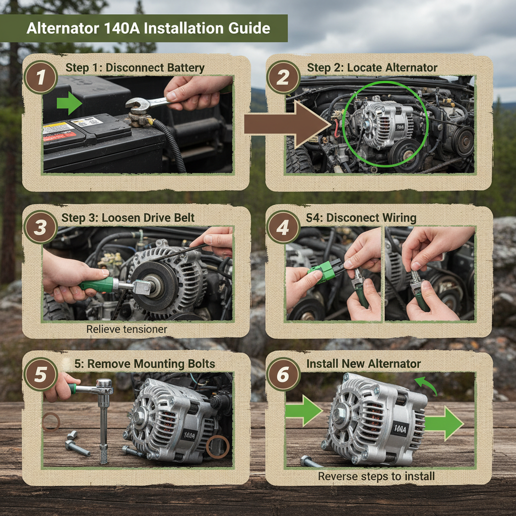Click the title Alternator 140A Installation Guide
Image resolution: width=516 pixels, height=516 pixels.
tap(148, 28)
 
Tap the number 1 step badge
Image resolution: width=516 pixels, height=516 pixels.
tap(41, 78)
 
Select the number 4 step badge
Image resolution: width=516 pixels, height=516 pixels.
tap(283, 228)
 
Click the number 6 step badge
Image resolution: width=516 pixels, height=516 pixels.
tap(283, 375)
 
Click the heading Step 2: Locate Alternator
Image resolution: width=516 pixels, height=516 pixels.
tap(372, 68)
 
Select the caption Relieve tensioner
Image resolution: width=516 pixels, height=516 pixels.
tap(126, 329)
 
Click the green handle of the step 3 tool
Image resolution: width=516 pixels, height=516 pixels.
tap(96, 284)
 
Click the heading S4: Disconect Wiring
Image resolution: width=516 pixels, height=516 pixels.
tap(361, 218)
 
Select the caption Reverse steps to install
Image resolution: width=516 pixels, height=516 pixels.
tap(376, 476)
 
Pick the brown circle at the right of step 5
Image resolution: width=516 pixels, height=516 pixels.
tap(218, 446)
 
